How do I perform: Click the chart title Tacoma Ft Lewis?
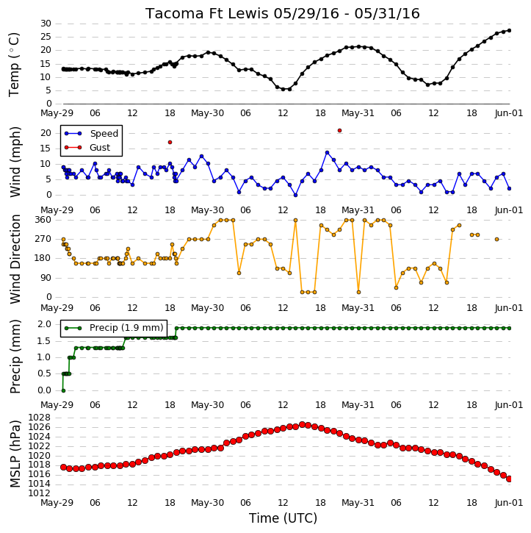point(207,14)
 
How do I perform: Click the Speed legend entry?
point(91,134)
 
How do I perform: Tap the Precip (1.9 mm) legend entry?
point(114,328)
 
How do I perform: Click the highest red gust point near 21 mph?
point(339,131)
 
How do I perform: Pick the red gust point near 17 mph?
point(170,143)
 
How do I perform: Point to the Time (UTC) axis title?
point(283,518)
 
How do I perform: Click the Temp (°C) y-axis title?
point(14,65)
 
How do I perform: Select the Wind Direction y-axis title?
point(15,259)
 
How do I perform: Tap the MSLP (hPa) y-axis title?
point(15,454)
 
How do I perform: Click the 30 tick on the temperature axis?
point(46,24)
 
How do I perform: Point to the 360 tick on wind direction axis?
point(43,220)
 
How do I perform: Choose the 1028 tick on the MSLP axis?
point(39,417)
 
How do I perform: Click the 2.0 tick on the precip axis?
point(45,324)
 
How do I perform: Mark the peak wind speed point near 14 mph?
point(328,153)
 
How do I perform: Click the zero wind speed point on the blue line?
point(296,195)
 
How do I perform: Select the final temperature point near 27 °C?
point(509,31)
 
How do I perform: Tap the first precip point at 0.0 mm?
point(63,390)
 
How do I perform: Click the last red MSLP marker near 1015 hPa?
point(509,479)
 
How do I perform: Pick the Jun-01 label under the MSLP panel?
point(508,502)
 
